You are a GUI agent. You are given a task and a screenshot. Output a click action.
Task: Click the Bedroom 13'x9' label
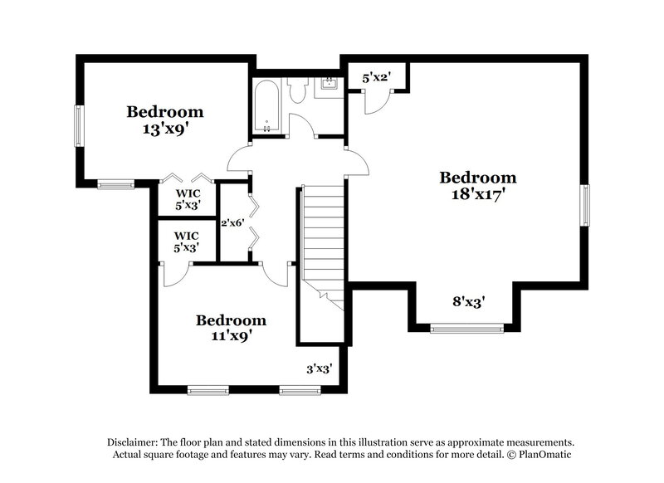[x=164, y=120]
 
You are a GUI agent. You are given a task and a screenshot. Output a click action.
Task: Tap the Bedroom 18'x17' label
[x=477, y=185]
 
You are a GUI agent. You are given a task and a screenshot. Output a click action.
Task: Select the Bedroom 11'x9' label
[x=231, y=328]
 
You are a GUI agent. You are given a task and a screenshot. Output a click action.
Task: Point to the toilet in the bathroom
[x=298, y=90]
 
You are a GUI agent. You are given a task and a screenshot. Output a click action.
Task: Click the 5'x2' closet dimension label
[x=376, y=77]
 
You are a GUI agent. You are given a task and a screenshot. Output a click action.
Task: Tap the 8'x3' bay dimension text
[x=468, y=302]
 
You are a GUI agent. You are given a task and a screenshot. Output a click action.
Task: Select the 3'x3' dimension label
[x=319, y=368]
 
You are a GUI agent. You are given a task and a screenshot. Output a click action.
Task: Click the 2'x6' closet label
[x=231, y=222]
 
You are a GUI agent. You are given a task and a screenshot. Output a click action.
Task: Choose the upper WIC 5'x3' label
[x=187, y=199]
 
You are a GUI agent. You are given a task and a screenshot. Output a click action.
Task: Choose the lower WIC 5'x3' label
[x=187, y=241]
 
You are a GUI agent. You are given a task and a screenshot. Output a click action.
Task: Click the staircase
[x=323, y=241]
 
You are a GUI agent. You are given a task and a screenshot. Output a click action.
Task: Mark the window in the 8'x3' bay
[x=467, y=329]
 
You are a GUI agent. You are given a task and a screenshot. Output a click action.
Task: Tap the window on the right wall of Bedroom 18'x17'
[x=585, y=205]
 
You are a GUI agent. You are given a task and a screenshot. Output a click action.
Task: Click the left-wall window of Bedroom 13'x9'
[x=79, y=126]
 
